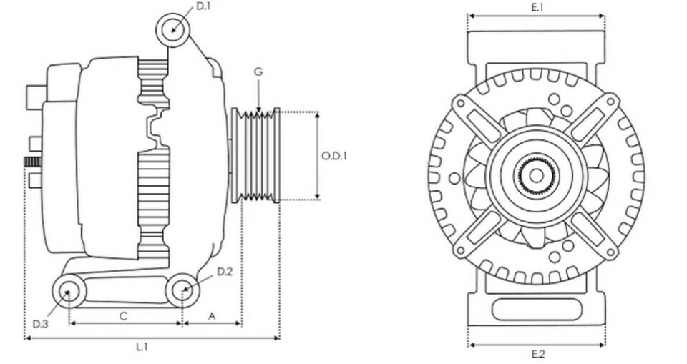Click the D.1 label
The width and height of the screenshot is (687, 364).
pyautogui.click(x=203, y=6)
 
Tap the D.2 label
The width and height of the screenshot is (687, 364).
pyautogui.click(x=224, y=272)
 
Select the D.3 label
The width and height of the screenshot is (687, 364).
pyautogui.click(x=40, y=324)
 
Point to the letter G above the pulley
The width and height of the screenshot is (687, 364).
pyautogui.click(x=258, y=72)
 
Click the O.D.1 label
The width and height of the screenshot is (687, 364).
pyautogui.click(x=334, y=155)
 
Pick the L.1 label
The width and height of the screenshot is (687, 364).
pyautogui.click(x=142, y=348)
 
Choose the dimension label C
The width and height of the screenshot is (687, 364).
pyautogui.click(x=124, y=316)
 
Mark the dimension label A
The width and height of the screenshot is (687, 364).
pyautogui.click(x=212, y=316)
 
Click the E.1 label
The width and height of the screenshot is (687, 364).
pyautogui.click(x=537, y=7)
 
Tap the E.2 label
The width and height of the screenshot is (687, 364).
pyautogui.click(x=537, y=354)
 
